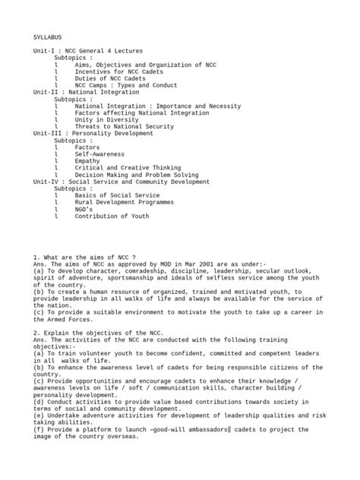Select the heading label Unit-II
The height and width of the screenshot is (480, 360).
pyautogui.click(x=46, y=92)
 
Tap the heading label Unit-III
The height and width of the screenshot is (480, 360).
pyautogui.click(x=48, y=134)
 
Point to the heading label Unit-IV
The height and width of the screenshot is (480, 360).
pyautogui.click(x=46, y=182)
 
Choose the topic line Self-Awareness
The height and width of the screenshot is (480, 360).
pyautogui.click(x=100, y=154)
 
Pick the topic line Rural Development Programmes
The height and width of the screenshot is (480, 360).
pyautogui.click(x=125, y=203)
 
